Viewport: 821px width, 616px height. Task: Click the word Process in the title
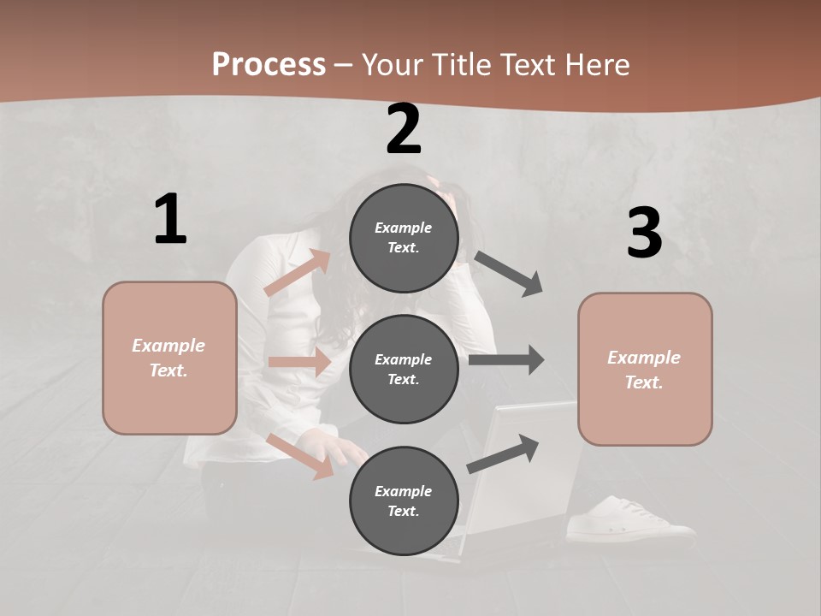pyautogui.click(x=269, y=65)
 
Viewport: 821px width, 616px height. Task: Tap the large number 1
pyautogui.click(x=170, y=220)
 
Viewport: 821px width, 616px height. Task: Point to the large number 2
pyautogui.click(x=404, y=129)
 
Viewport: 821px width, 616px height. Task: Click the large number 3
pyautogui.click(x=644, y=233)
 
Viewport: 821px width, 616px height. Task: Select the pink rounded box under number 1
pyautogui.click(x=169, y=358)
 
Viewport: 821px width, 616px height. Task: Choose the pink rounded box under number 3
pyautogui.click(x=645, y=370)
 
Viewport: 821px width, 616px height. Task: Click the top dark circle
pyautogui.click(x=404, y=238)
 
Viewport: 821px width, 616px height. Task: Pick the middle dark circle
pyautogui.click(x=404, y=369)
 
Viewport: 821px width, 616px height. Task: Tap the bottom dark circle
pyautogui.click(x=404, y=500)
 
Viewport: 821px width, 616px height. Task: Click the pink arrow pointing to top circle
pyautogui.click(x=298, y=273)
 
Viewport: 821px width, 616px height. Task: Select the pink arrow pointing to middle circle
pyautogui.click(x=299, y=362)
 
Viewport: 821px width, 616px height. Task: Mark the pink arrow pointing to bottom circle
pyautogui.click(x=299, y=456)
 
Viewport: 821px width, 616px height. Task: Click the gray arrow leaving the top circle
pyautogui.click(x=509, y=274)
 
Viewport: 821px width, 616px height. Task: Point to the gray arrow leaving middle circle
pyautogui.click(x=506, y=359)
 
